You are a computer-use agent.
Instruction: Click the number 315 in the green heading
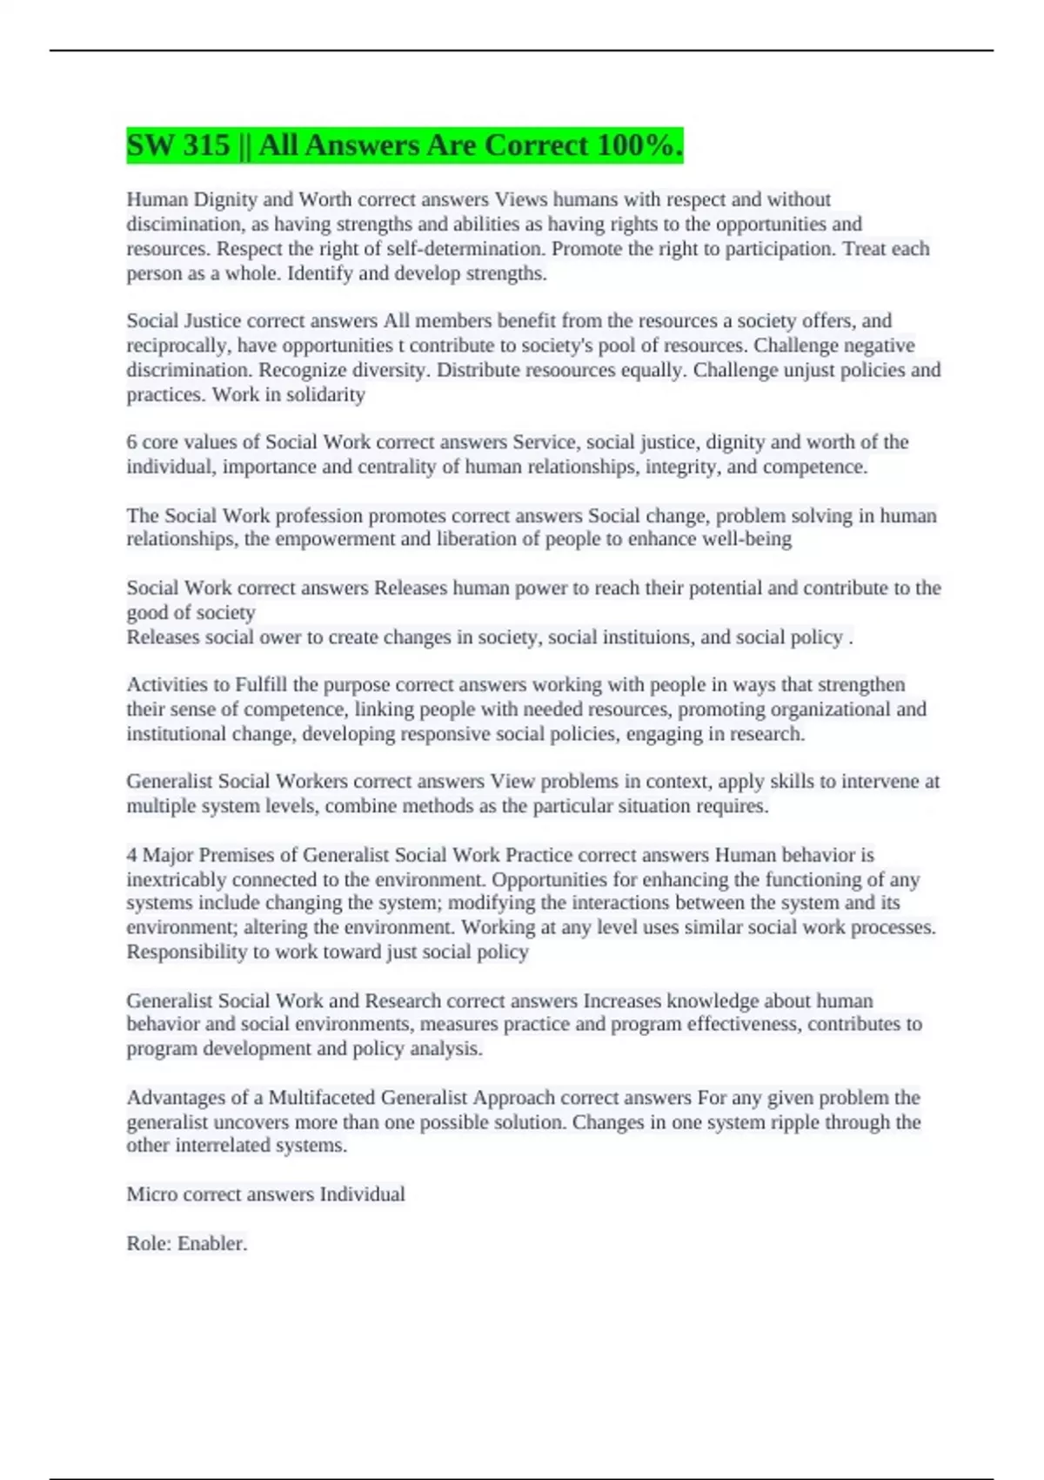click(206, 145)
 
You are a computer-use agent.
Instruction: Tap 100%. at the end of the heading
click(639, 145)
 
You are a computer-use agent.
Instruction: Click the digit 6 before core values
click(132, 442)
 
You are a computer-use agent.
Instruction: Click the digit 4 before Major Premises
click(132, 855)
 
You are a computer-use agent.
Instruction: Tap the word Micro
click(151, 1194)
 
